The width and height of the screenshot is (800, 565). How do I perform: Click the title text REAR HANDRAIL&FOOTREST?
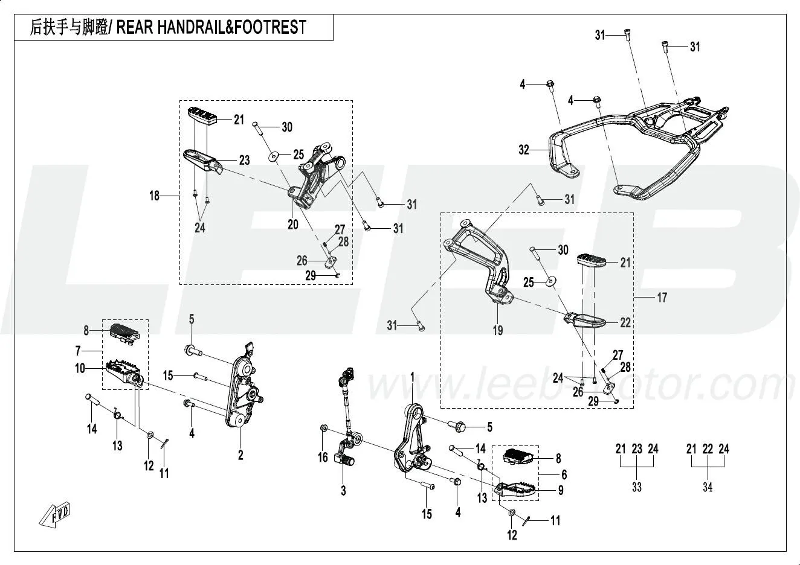click(x=211, y=27)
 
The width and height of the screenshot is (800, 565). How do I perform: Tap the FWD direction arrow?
click(x=54, y=514)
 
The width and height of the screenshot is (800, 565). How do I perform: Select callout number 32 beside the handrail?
click(x=524, y=149)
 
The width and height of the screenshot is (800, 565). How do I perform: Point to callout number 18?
click(x=155, y=196)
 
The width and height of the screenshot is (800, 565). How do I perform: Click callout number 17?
click(x=662, y=298)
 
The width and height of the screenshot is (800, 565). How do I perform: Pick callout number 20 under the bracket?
click(x=293, y=225)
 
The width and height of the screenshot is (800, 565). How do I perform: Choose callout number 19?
click(x=498, y=330)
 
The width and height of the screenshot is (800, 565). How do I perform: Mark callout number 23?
click(x=244, y=161)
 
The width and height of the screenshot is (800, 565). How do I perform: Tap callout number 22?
click(x=625, y=323)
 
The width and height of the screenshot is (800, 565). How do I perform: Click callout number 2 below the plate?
click(x=240, y=456)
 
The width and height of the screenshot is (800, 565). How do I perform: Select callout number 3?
click(x=343, y=491)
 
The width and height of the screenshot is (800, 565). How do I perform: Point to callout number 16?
click(x=323, y=458)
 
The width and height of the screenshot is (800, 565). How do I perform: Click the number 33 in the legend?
click(x=636, y=488)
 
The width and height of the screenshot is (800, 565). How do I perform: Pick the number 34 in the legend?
click(x=708, y=488)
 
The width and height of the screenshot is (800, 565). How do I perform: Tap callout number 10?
click(x=80, y=368)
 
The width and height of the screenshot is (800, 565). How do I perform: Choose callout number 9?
click(x=561, y=490)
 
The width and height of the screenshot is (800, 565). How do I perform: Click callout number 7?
click(x=78, y=351)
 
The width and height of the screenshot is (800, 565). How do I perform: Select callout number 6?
click(x=564, y=474)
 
